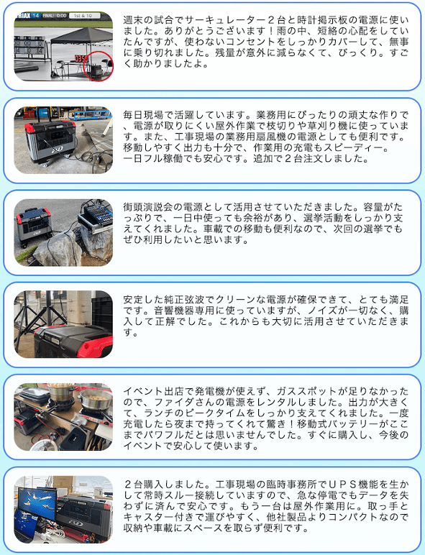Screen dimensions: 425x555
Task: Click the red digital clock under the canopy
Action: coord(81,58)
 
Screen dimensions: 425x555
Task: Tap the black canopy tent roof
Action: coord(81,36)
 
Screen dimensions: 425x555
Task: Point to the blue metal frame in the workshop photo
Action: coord(89,114)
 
